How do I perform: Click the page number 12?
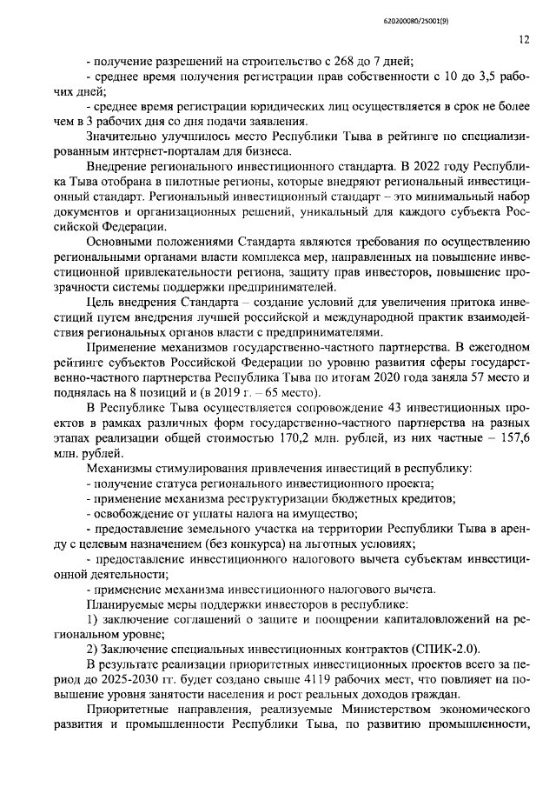(524, 39)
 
